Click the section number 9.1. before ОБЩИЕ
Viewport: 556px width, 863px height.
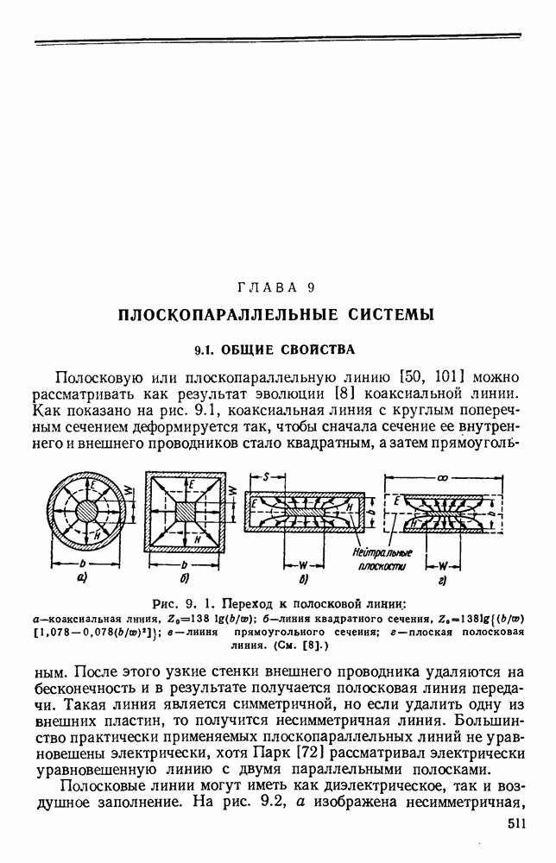[x=205, y=350]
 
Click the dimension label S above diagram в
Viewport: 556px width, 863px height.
[x=267, y=476]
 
